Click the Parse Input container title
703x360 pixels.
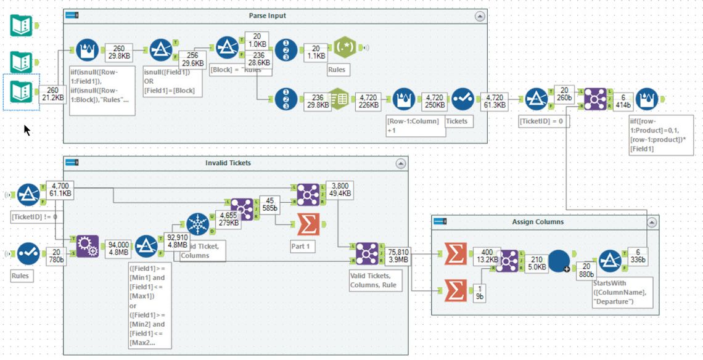[268, 15]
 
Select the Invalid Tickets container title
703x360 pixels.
[228, 163]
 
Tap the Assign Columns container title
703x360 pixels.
[538, 222]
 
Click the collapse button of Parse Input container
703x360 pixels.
[479, 16]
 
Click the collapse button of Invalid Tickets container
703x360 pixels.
[401, 163]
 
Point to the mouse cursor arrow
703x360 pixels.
[27, 129]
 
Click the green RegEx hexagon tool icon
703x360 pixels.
[345, 48]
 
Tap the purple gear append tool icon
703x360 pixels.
[87, 247]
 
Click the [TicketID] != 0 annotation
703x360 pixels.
[35, 216]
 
